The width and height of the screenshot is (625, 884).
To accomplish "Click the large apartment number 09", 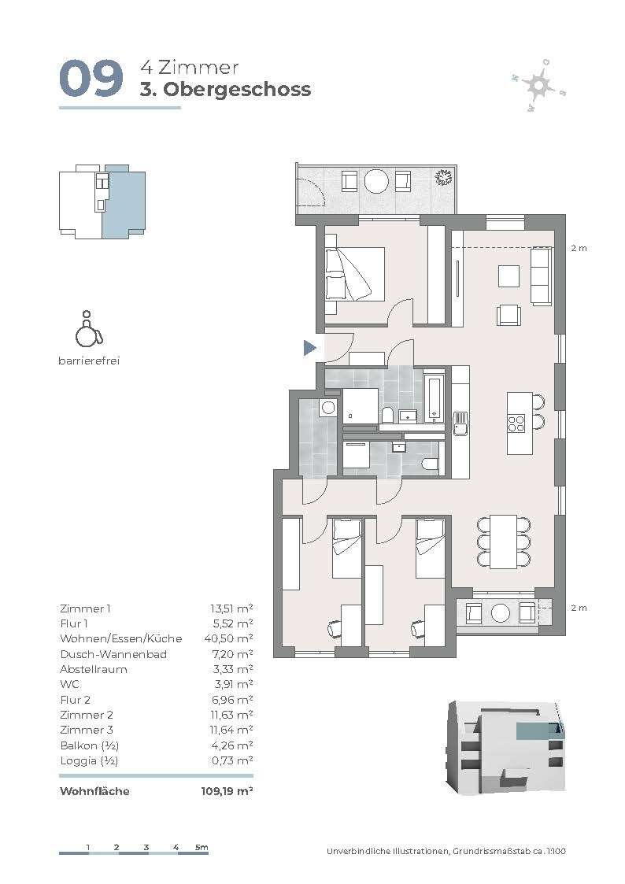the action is [91, 78].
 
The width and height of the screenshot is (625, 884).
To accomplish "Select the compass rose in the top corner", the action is [538, 85].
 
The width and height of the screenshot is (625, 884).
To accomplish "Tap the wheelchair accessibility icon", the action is [88, 329].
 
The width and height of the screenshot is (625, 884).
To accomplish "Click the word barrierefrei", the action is [89, 361].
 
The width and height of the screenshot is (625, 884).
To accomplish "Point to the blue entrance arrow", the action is [309, 348].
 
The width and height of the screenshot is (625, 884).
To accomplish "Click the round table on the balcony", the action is [376, 181].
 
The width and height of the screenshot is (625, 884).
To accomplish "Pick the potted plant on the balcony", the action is [443, 177].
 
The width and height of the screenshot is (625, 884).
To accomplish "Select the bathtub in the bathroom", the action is [434, 399].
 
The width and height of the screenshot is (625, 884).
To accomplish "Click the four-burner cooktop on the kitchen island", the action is [516, 423].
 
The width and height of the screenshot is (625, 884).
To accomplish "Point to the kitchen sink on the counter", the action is [461, 423].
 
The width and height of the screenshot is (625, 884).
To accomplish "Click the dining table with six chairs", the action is [503, 542].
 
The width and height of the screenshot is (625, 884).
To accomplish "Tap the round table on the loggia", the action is [500, 613].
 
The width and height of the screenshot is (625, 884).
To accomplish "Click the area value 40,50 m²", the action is [228, 638].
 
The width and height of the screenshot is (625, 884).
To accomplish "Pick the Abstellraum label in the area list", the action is [94, 669].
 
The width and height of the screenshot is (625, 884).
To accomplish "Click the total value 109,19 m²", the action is [227, 791].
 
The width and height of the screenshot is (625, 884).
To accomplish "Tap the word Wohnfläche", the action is [94, 791].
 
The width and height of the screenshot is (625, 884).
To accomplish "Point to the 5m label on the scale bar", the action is [202, 847].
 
